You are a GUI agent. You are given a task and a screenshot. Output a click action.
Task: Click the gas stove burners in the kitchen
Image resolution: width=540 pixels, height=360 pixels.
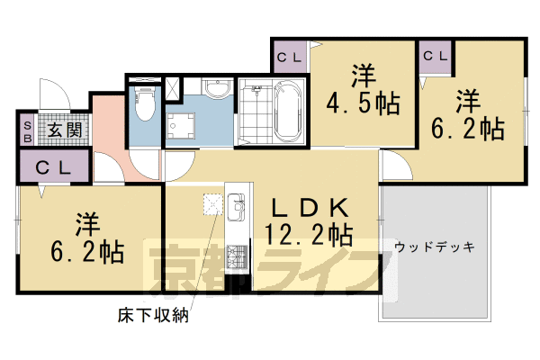pyautogui.click(x=238, y=258)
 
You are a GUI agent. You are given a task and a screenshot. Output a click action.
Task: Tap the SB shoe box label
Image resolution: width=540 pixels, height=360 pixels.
pyautogui.click(x=27, y=131)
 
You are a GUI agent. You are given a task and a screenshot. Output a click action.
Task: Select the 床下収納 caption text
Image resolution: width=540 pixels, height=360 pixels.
pyautogui.click(x=154, y=316)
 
